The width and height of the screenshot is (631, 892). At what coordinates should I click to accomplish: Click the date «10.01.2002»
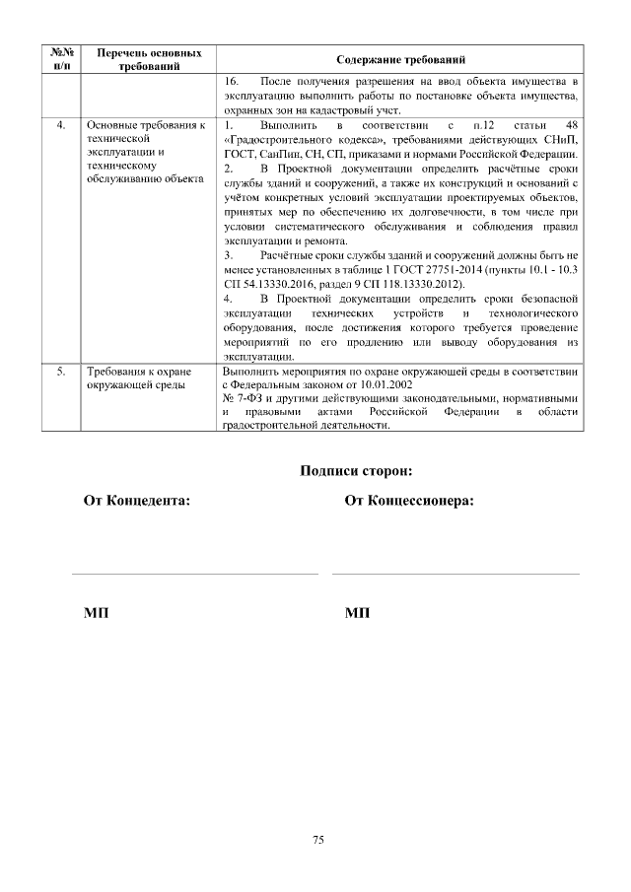pyautogui.click(x=377, y=384)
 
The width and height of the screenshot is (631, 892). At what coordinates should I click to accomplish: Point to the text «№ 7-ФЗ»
pyautogui.click(x=244, y=398)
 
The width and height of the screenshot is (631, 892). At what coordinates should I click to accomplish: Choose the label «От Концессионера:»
pyautogui.click(x=408, y=501)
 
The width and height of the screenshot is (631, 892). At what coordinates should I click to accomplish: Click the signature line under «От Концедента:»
pyautogui.click(x=195, y=572)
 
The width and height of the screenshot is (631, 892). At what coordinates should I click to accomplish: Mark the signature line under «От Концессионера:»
pyautogui.click(x=456, y=572)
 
